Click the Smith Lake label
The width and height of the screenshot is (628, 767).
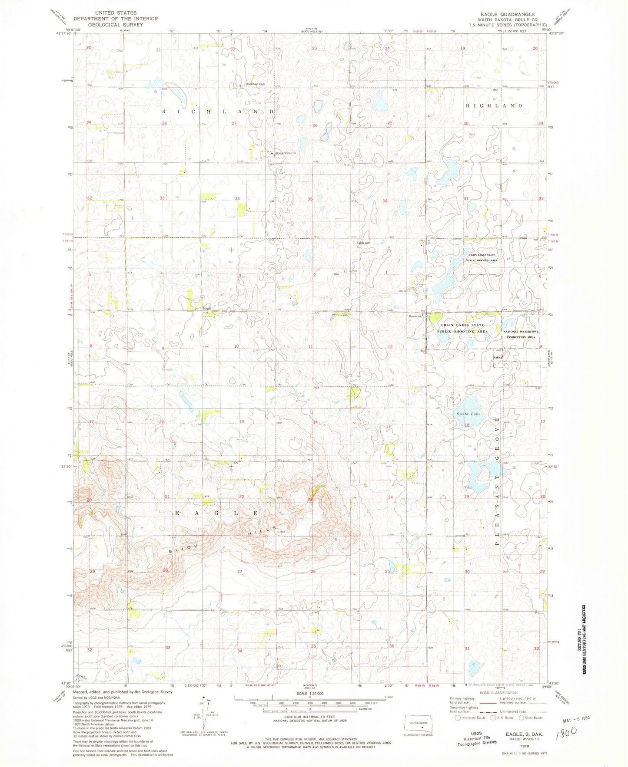(x=468, y=414)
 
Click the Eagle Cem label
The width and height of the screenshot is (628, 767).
(x=363, y=243)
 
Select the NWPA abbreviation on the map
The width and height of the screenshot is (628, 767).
(x=498, y=357)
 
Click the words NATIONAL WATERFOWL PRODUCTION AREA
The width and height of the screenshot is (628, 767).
(x=520, y=334)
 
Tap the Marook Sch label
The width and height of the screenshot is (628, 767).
(x=415, y=316)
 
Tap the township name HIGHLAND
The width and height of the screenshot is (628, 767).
(x=494, y=105)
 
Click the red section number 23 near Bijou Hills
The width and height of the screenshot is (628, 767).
(x=310, y=500)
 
